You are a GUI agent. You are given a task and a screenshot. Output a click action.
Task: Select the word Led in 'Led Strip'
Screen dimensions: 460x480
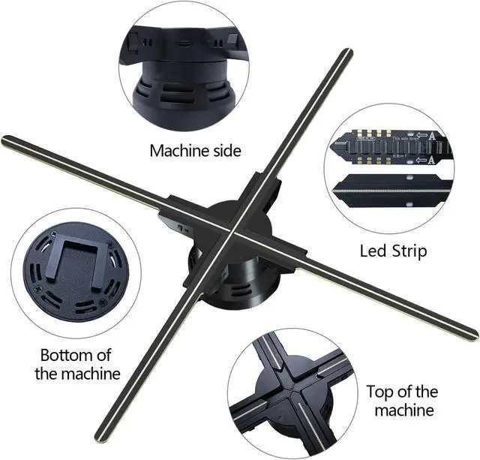coord(373,251)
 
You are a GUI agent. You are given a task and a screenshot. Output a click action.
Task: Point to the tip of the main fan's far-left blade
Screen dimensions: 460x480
coord(6,140)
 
